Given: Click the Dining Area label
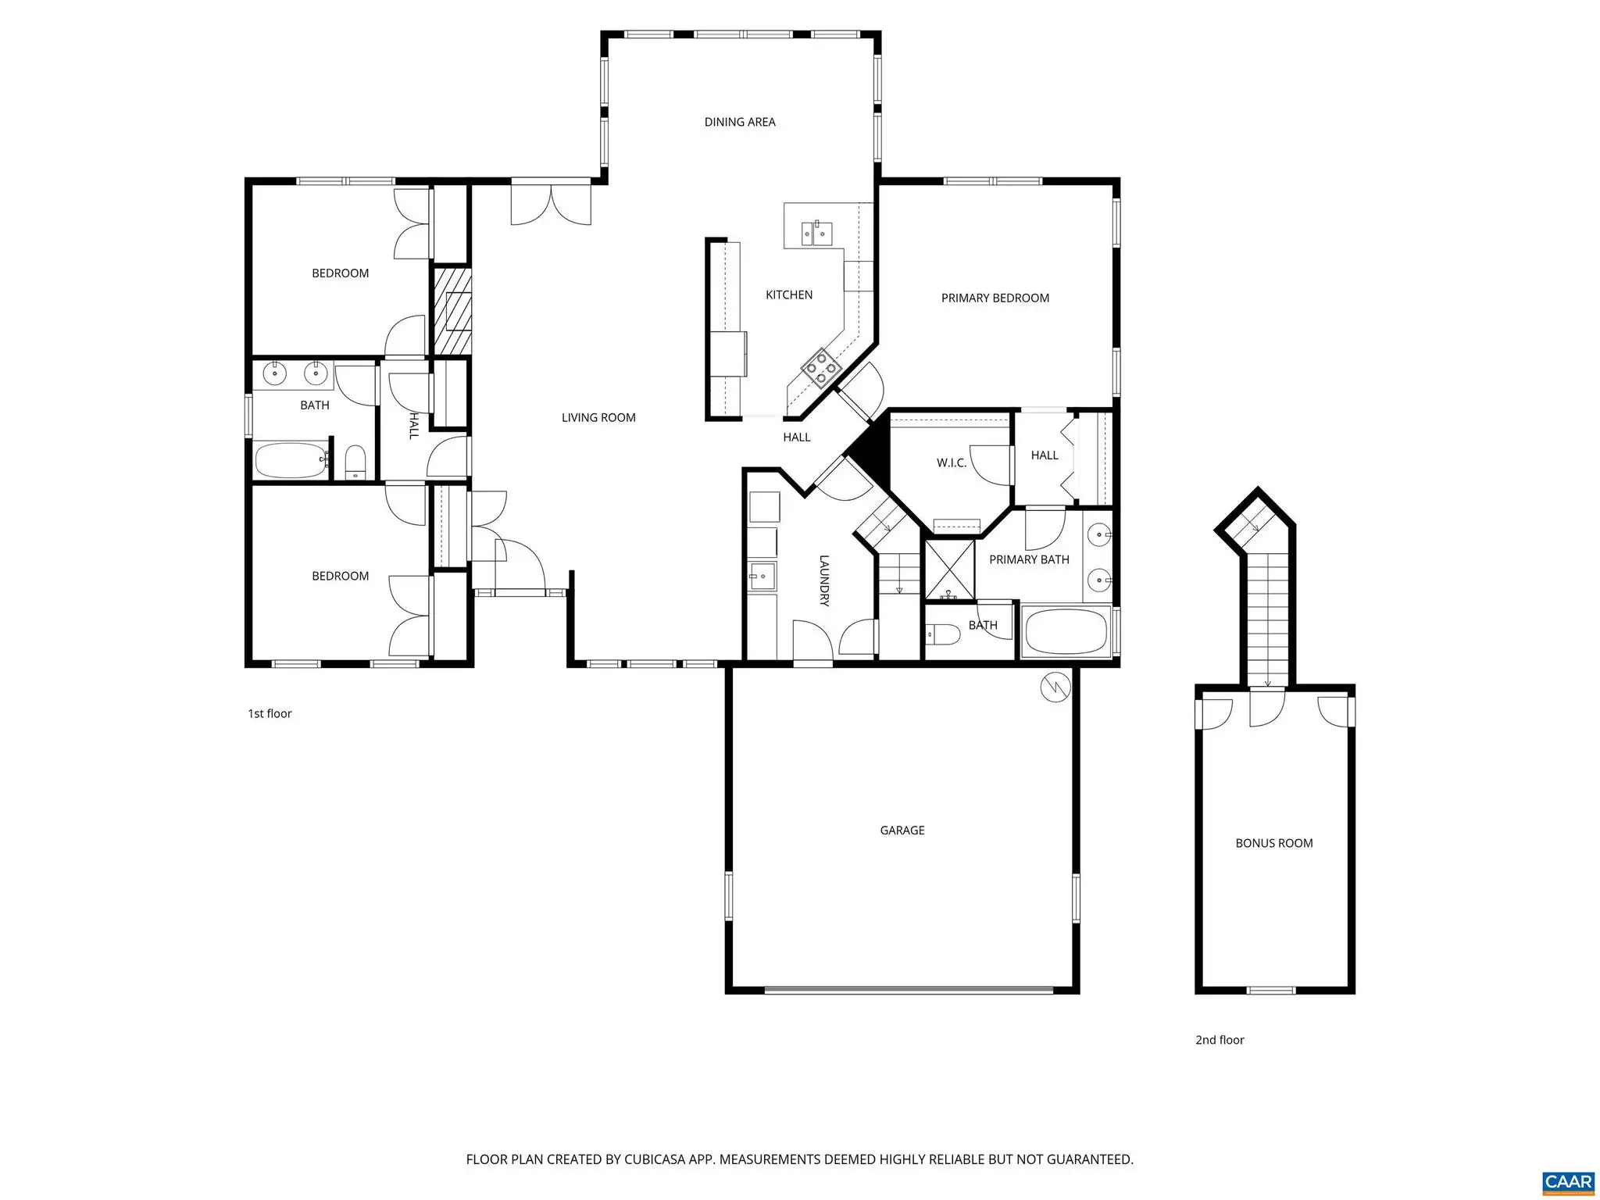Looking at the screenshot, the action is click(x=740, y=122).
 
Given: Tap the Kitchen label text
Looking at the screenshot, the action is click(x=789, y=295).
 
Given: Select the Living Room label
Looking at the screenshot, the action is click(x=598, y=418).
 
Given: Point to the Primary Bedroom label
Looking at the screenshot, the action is click(x=995, y=298).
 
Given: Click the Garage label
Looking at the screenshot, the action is click(x=902, y=830).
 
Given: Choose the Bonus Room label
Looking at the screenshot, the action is click(x=1274, y=843).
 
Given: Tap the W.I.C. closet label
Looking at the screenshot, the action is click(x=952, y=463).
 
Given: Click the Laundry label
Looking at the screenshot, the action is click(x=824, y=580).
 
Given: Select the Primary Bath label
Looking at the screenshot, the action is click(x=1029, y=559).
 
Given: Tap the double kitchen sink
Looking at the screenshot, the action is click(x=816, y=233).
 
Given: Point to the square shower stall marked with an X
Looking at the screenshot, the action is click(x=950, y=570).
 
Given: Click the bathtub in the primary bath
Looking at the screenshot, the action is click(x=1066, y=632).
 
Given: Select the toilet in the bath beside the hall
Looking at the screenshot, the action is click(x=355, y=462).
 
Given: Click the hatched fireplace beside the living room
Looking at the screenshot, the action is click(x=452, y=311).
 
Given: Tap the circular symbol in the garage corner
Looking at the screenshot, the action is click(x=1055, y=687).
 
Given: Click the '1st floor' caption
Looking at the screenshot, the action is click(x=270, y=713).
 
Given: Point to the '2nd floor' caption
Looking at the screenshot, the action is click(x=1220, y=1040).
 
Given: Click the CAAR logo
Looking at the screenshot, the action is click(x=1569, y=1180).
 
